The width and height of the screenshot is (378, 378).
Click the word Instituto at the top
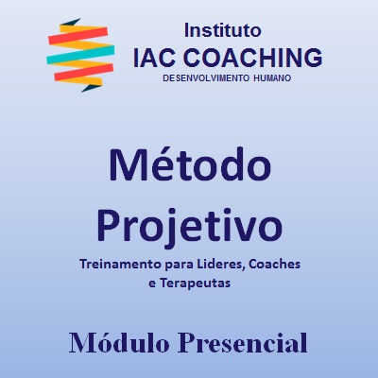[224, 30]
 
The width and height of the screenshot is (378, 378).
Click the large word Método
[190, 166]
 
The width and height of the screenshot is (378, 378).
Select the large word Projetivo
[190, 225]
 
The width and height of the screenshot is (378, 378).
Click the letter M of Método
[129, 166]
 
